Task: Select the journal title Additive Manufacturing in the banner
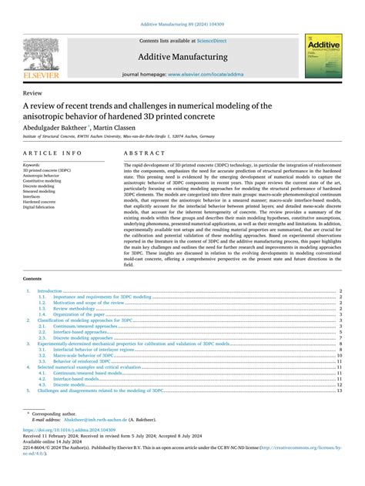[182, 57]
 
